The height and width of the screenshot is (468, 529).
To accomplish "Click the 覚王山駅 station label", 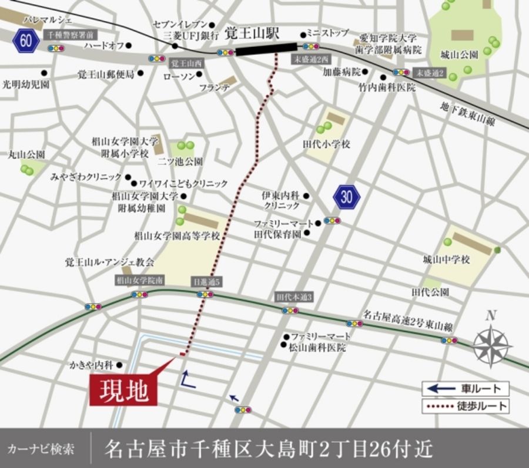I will point(253,33).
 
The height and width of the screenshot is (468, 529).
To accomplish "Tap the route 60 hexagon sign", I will point(25,41).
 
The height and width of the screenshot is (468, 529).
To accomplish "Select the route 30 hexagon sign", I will point(346,197).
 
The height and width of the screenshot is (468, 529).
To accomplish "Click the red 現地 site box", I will point(124,388).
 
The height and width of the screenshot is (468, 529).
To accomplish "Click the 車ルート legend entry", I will point(465,388).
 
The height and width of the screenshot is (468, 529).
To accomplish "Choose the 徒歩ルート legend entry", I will point(465,406).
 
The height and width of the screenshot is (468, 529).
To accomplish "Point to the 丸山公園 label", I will point(26,154).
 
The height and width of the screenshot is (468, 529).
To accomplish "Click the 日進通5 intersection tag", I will point(206,282).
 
